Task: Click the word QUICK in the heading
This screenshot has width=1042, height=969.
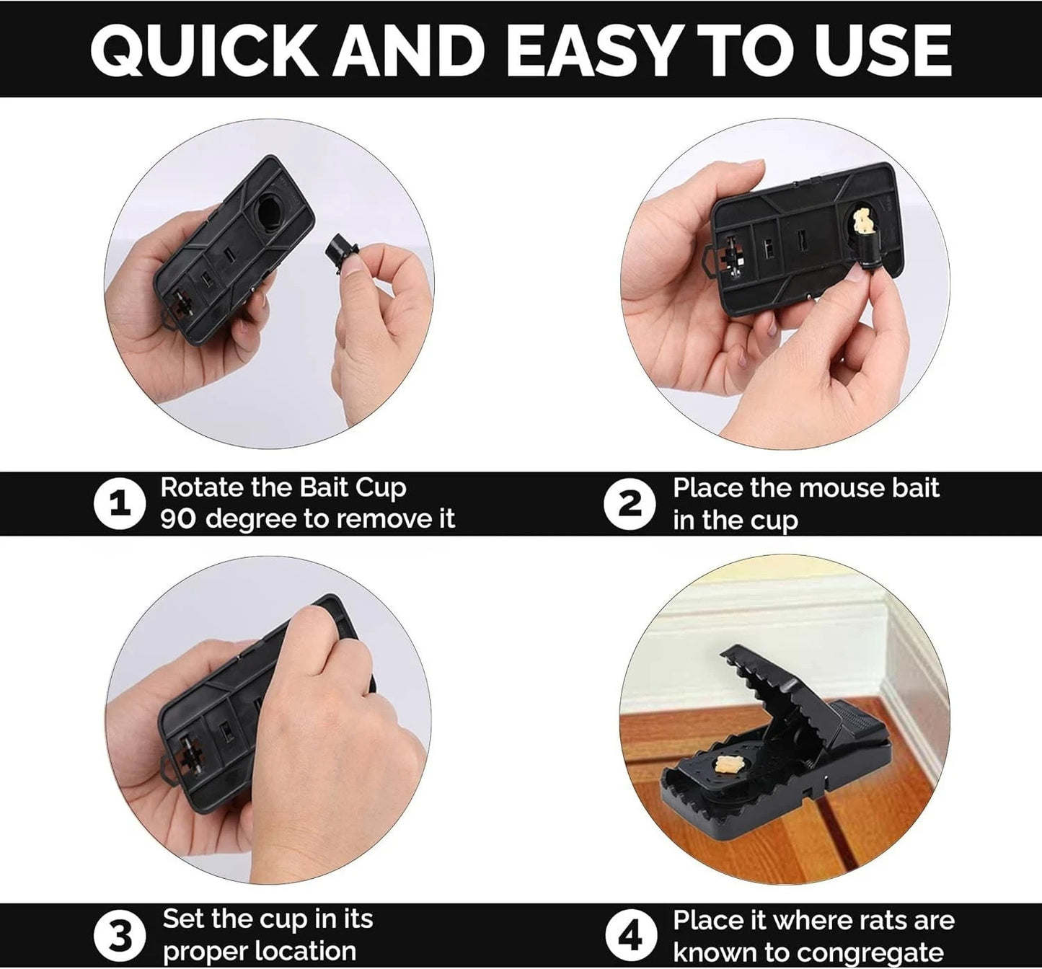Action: (205, 50)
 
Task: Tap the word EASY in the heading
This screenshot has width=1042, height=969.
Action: (597, 50)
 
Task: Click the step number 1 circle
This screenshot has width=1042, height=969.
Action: (120, 504)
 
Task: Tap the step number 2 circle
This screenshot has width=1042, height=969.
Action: (630, 504)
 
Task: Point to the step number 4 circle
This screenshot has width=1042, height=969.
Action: (631, 936)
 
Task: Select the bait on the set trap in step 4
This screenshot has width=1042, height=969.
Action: (729, 766)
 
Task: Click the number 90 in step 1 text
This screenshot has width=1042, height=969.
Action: (177, 519)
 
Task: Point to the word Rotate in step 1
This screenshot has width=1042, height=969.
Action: (202, 487)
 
